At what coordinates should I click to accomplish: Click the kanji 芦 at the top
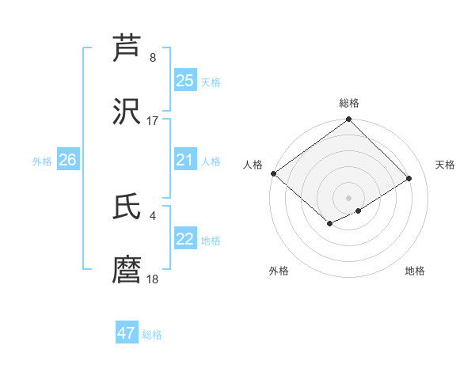point(127,49)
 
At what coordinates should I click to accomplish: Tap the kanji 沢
point(127,112)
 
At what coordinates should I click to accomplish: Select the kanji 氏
point(127,207)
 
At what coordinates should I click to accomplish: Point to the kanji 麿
point(127,271)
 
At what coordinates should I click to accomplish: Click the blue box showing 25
point(185,81)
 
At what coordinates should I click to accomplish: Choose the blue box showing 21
point(185,161)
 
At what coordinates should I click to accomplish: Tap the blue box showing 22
point(185,240)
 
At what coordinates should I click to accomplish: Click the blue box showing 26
point(67,161)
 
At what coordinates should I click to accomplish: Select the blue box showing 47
point(127,333)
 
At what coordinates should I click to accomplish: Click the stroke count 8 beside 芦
point(153,58)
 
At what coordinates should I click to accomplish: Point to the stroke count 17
point(153,121)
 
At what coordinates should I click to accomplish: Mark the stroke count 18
point(153,279)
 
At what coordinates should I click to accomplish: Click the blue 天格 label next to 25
point(211,82)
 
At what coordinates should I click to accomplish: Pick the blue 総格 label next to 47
point(152,335)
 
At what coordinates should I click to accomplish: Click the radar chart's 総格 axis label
point(349,103)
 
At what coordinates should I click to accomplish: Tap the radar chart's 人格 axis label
point(253,165)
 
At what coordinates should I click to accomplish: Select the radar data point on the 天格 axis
point(409,178)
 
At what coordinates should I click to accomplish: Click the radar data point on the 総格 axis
point(348,120)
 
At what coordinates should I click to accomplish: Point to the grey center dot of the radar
point(348,197)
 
